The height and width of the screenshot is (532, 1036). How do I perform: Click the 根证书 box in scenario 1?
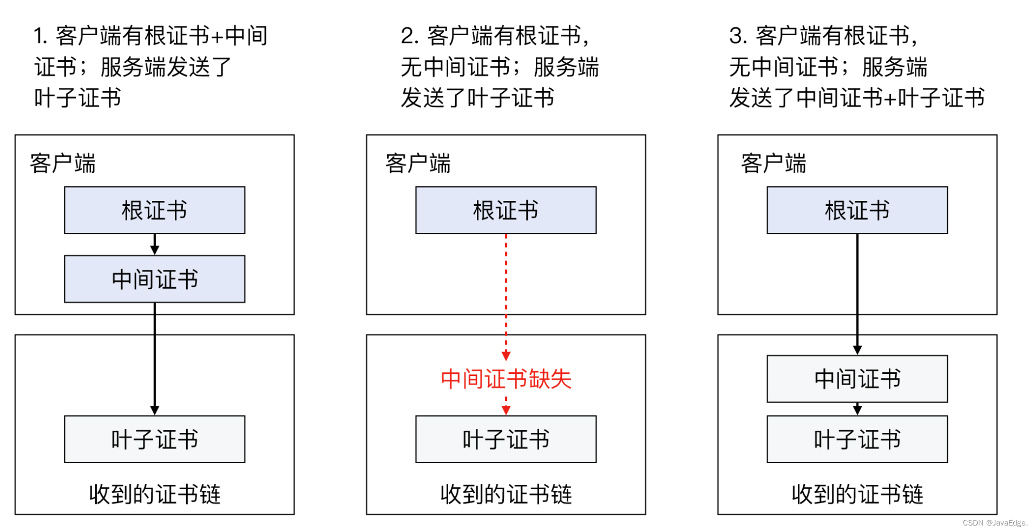[x=154, y=210]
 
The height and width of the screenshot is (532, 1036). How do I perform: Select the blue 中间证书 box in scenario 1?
[x=154, y=279]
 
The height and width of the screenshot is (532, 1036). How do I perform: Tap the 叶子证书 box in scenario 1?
[x=154, y=439]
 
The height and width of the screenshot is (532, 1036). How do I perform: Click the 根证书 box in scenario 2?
[x=506, y=210]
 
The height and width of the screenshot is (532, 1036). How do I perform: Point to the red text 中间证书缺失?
[x=506, y=379]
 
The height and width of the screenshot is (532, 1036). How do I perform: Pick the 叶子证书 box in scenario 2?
[x=506, y=439]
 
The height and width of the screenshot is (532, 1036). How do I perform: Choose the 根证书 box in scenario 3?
[x=857, y=210]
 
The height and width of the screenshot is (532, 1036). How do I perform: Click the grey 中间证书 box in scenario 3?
[x=857, y=379]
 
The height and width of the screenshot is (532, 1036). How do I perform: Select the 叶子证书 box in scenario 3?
[x=857, y=439]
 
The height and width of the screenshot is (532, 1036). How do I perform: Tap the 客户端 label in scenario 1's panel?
[x=63, y=163]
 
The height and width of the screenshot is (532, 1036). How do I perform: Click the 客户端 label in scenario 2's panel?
[x=418, y=163]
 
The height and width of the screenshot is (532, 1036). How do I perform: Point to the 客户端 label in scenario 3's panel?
[x=773, y=163]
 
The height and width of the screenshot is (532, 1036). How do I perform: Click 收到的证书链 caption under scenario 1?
[x=154, y=494]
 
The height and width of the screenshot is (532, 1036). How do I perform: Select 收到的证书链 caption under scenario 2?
[x=506, y=494]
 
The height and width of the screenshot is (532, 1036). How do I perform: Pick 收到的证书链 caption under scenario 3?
[x=857, y=494]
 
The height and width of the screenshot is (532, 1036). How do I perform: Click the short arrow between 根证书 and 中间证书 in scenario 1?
[x=154, y=244]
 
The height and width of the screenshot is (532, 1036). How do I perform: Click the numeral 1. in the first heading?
[x=41, y=36]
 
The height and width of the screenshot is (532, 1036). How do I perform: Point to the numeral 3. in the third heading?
[x=738, y=36]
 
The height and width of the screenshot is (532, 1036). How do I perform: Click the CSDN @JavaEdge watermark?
[x=994, y=523]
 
